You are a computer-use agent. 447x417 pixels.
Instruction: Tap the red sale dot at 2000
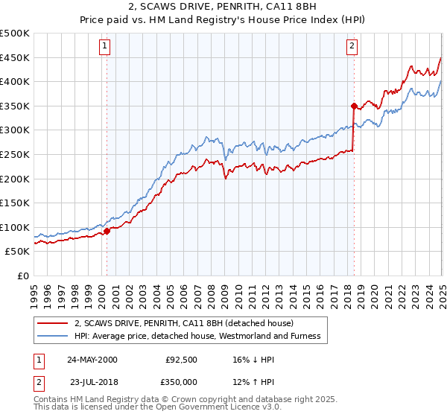pyautogui.click(x=107, y=231)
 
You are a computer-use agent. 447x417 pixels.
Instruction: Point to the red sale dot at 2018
pyautogui.click(x=354, y=106)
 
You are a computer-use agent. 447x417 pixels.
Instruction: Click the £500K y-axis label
pyautogui.click(x=15, y=34)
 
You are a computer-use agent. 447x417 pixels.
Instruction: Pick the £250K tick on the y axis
pyautogui.click(x=15, y=154)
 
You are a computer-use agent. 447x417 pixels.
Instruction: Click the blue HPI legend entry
pyautogui.click(x=197, y=337)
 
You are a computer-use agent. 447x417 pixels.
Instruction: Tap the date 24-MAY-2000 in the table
pyautogui.click(x=92, y=359)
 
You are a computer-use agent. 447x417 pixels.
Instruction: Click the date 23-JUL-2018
pyautogui.click(x=92, y=381)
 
